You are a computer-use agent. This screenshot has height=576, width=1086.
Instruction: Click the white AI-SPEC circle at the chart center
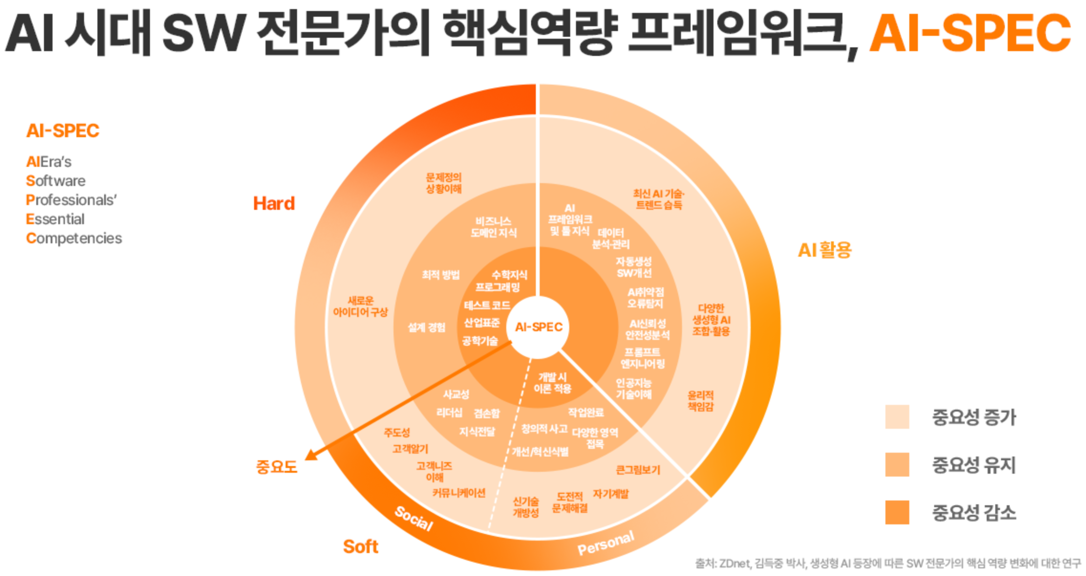pos(538,327)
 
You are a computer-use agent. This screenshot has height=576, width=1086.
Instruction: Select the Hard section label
pos(274,204)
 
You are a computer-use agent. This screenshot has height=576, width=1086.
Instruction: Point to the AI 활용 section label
pos(824,250)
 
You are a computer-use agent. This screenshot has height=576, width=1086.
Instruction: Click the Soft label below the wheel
pos(361,546)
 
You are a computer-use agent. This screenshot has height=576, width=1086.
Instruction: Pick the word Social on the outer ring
pos(414,519)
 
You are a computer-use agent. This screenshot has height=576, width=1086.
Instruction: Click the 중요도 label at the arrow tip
pos(277,467)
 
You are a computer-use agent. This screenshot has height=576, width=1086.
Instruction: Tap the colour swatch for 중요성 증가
pos(896,417)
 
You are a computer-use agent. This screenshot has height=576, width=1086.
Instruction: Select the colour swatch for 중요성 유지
pos(896,465)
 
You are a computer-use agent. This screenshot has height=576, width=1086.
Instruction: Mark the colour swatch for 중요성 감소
pos(896,512)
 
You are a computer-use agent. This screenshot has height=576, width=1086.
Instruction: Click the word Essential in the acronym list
pos(55,219)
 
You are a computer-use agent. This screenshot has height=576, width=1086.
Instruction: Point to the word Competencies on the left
pos(74,238)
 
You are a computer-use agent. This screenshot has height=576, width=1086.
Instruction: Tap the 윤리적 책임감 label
pos(701,401)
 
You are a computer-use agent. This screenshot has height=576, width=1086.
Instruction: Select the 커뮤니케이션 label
pos(458,493)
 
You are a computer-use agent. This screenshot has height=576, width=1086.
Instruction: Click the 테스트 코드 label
pos(487,305)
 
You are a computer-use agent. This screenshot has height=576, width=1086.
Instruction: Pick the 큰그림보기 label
pos(638,470)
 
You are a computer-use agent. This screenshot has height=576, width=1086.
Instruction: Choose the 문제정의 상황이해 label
pos(444,183)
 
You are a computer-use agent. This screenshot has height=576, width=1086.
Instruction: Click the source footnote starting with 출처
pos(887,564)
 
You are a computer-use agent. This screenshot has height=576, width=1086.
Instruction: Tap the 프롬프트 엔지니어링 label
pos(642,358)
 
